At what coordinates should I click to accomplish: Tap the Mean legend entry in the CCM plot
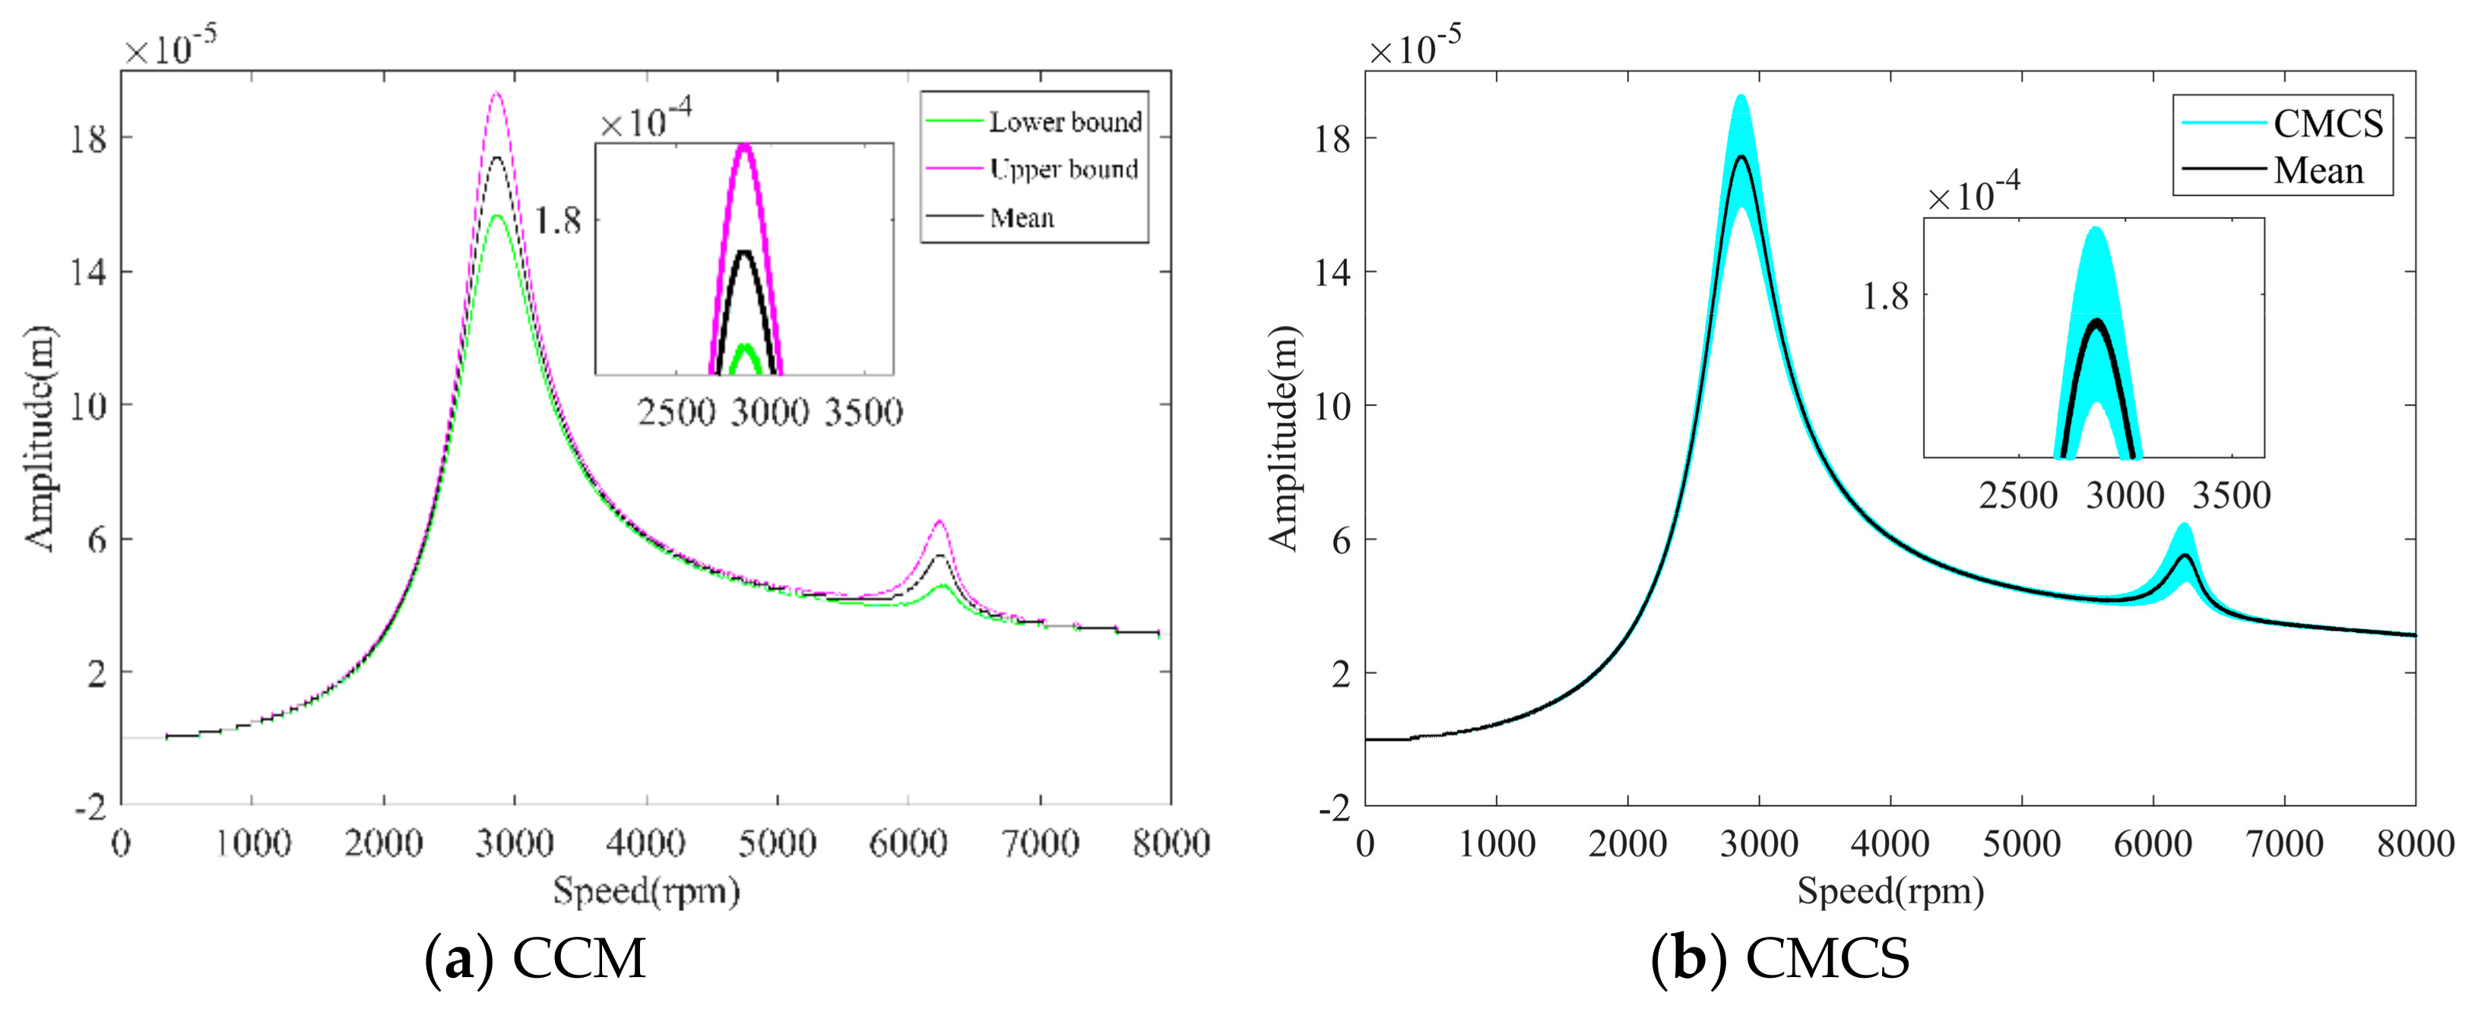click(x=1022, y=217)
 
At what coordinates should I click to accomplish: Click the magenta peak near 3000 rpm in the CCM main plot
click(x=497, y=94)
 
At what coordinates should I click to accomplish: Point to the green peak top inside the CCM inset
click(x=744, y=346)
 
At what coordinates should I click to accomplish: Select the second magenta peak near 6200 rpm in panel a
click(x=939, y=523)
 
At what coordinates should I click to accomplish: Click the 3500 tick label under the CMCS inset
click(x=2232, y=496)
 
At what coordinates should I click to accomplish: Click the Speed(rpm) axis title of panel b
click(x=1890, y=890)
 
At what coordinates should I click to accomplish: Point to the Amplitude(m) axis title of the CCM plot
click(x=40, y=438)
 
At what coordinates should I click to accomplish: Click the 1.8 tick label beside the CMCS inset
click(x=1885, y=296)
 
